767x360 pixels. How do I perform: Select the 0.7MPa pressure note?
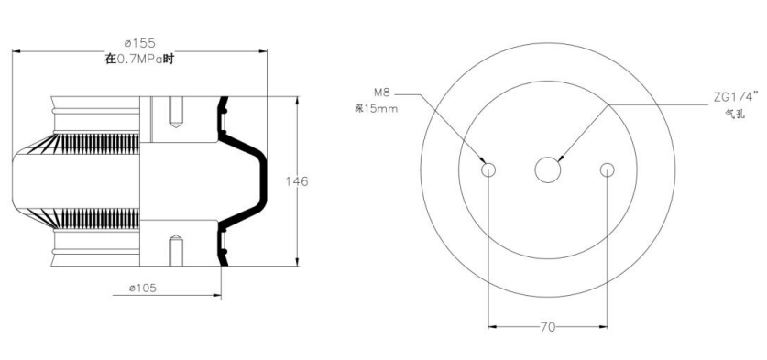pos(140,60)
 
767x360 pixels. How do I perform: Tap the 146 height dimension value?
pos(297,181)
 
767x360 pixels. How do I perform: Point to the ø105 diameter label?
pos(143,289)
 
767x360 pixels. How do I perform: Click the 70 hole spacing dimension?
pos(548,327)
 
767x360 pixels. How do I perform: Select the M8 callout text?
pos(381,93)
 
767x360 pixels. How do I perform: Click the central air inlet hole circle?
pos(548,169)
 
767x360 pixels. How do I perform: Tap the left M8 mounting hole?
pos(488,169)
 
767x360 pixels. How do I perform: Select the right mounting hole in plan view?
pos(607,169)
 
